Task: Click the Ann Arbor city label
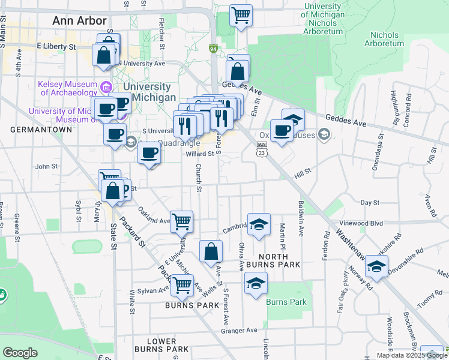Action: coord(80,20)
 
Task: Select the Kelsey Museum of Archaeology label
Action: coord(67,88)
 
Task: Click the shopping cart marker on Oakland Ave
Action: coord(181,221)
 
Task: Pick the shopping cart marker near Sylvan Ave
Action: coord(181,286)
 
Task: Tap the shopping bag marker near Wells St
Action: coord(211,251)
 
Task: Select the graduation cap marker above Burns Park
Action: coord(256,283)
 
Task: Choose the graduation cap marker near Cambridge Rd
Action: coord(259,224)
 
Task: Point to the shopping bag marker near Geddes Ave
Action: coord(238,71)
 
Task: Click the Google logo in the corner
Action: coord(20,353)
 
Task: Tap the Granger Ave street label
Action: coord(239,331)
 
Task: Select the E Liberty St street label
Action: coord(56,46)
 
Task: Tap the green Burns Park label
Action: coord(286,302)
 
